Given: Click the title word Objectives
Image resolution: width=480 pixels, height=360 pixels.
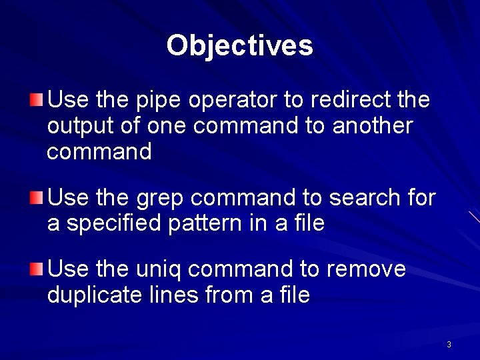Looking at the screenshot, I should click(239, 45).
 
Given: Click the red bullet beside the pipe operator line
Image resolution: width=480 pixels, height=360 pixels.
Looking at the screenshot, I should click(37, 101).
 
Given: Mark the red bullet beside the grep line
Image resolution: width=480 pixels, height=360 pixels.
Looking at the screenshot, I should click(37, 197).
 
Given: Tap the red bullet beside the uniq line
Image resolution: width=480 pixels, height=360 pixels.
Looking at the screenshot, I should click(37, 269).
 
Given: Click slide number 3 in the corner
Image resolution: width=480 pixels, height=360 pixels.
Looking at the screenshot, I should click(449, 345).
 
